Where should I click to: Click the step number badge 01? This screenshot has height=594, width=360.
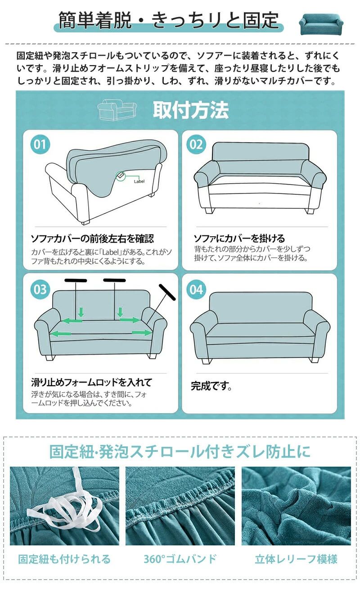click(40, 144)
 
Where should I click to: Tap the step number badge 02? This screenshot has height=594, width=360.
click(196, 144)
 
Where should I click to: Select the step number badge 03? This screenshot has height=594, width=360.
click(40, 289)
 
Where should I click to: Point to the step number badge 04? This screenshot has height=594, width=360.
click(196, 289)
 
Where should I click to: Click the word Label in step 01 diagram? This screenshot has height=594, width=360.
click(139, 181)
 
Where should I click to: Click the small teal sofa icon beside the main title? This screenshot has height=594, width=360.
click(321, 23)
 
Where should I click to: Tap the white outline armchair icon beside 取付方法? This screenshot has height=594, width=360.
click(117, 110)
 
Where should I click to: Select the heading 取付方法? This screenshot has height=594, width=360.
click(191, 110)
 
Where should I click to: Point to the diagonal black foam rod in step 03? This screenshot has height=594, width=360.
click(167, 292)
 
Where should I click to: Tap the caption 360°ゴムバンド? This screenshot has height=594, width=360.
click(180, 559)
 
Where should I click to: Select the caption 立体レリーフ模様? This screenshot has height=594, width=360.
click(296, 559)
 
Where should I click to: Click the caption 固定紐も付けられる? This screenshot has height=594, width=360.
click(64, 559)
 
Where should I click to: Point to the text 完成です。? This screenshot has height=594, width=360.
click(211, 386)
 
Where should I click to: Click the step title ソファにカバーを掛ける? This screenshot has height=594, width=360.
click(239, 238)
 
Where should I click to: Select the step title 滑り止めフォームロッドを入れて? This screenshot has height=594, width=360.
click(92, 382)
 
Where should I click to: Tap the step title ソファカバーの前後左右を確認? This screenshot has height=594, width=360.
click(92, 238)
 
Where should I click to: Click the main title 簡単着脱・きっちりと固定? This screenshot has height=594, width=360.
click(169, 20)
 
